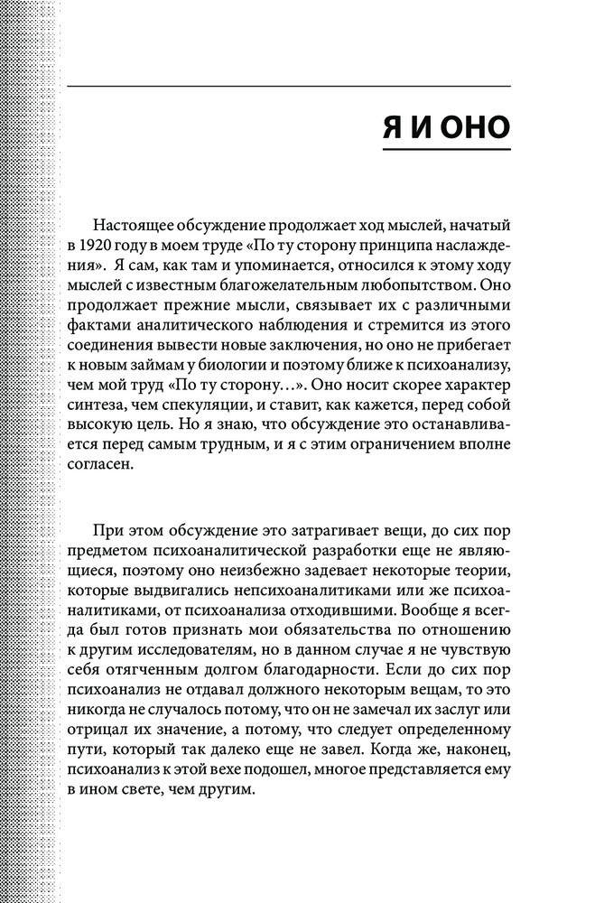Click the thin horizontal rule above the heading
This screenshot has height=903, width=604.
pyautogui.click(x=289, y=86)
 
